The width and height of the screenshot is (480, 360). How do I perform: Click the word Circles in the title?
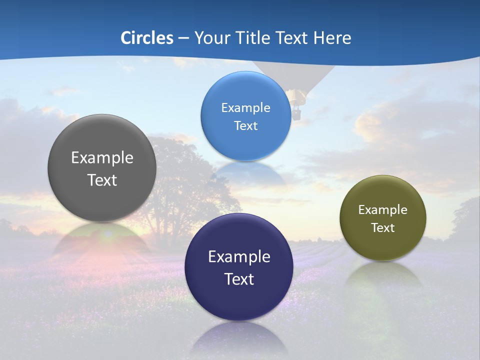(x=146, y=38)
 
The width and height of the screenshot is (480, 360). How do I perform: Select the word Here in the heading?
(x=332, y=38)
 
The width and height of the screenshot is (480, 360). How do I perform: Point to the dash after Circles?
(x=183, y=38)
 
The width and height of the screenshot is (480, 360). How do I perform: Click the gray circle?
(x=102, y=168)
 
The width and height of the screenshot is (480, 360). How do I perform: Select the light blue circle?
(x=245, y=116)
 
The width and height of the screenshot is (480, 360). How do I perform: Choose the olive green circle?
(x=382, y=218)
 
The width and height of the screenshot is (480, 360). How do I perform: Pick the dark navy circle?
(x=239, y=267)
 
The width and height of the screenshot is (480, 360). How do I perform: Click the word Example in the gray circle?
(x=102, y=157)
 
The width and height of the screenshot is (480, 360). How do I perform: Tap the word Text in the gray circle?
(x=102, y=180)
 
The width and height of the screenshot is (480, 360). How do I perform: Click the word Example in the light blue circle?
(x=245, y=107)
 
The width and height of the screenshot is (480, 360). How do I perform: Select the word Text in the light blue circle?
(x=245, y=125)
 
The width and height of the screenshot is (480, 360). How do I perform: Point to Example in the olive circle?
(x=382, y=209)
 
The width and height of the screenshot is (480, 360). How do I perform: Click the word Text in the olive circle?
(x=382, y=227)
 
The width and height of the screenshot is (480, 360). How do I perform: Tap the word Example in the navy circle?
(x=239, y=256)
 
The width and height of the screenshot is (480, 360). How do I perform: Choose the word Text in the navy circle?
(x=239, y=279)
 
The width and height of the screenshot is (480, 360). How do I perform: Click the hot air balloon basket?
(x=297, y=114)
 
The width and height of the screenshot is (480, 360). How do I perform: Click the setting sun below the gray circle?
(x=108, y=234)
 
